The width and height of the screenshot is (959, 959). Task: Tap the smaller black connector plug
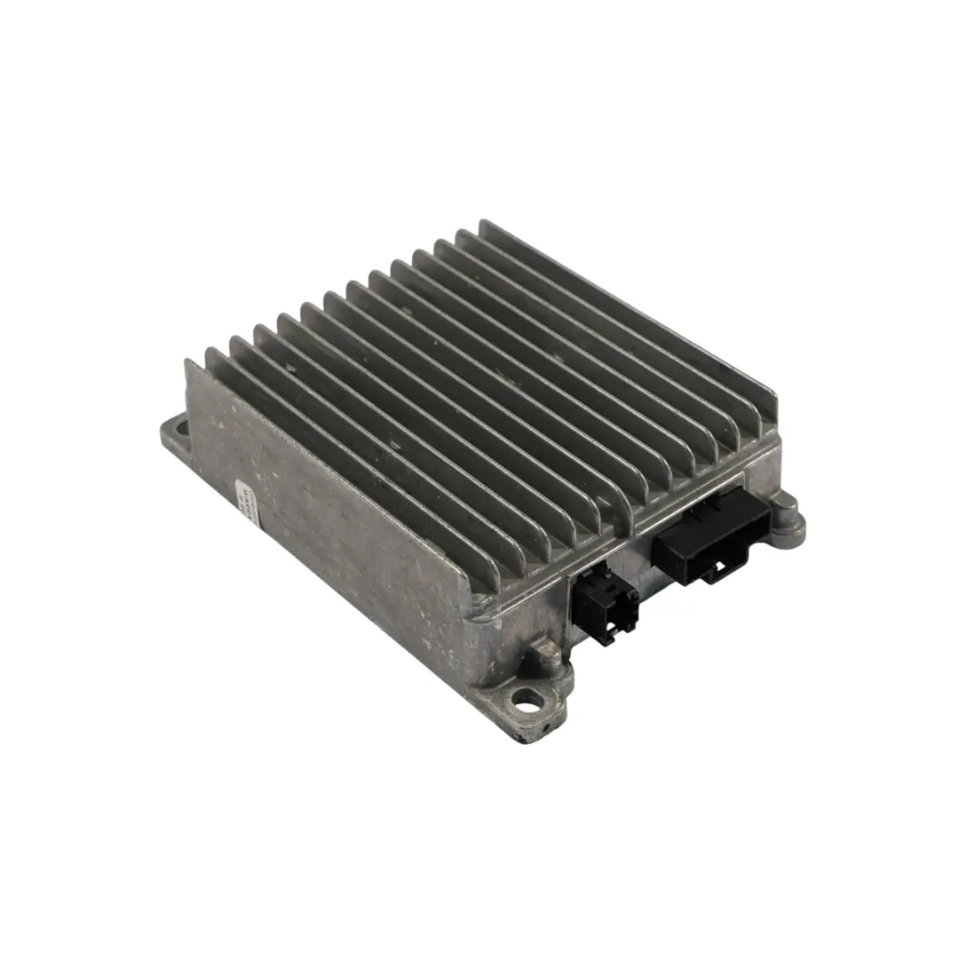click(x=606, y=603)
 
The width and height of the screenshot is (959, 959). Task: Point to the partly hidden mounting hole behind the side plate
click(x=181, y=430)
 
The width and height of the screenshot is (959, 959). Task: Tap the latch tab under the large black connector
click(x=711, y=573)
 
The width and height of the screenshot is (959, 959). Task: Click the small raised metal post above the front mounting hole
click(x=543, y=658)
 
